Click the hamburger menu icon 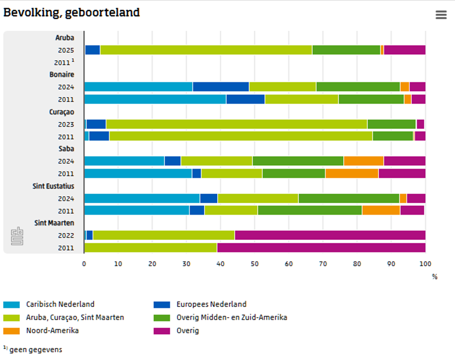441,15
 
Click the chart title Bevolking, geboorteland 71,13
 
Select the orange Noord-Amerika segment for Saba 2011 351,173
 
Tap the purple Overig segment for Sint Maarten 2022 329,235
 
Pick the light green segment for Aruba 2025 206,50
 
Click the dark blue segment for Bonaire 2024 220,87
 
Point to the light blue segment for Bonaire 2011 155,99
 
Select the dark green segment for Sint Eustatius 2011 310,210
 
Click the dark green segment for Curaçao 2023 391,124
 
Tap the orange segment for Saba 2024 363,161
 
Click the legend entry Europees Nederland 211,304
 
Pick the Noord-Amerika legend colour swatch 12,331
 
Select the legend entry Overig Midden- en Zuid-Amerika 231,317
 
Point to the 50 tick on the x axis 254,264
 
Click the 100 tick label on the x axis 425,264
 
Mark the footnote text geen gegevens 36,350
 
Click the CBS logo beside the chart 17,236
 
